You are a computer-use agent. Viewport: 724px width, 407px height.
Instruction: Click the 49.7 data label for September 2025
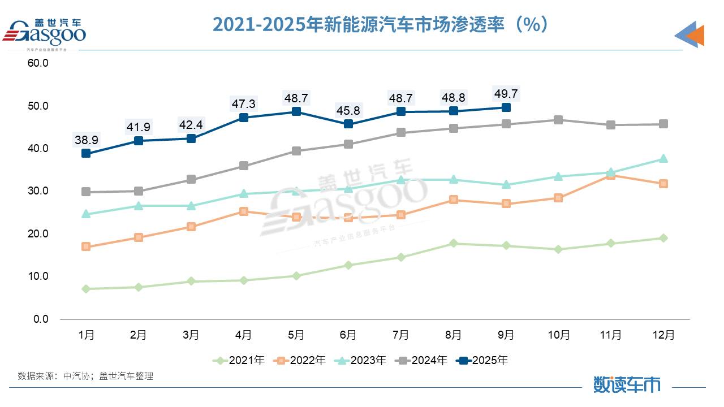click(x=506, y=94)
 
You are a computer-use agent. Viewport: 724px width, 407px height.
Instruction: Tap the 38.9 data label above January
click(x=86, y=138)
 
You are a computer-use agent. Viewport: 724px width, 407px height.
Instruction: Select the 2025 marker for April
click(x=244, y=118)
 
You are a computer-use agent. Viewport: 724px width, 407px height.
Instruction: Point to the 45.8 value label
click(x=348, y=110)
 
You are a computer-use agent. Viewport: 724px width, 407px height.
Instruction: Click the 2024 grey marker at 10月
click(x=558, y=120)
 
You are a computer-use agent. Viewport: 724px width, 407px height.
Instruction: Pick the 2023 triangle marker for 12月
click(x=663, y=159)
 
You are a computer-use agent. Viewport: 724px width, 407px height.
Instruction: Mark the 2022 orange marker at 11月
click(x=611, y=175)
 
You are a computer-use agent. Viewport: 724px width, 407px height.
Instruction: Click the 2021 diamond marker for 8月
click(x=453, y=243)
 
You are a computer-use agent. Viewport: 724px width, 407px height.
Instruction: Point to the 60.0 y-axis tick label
click(x=38, y=63)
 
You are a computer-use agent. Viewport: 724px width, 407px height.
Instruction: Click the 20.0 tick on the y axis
click(x=38, y=233)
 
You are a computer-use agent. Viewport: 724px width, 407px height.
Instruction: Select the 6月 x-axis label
click(x=348, y=335)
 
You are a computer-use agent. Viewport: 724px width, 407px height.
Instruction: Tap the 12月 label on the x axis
click(x=663, y=335)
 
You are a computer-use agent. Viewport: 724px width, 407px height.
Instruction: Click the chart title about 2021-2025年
click(x=380, y=25)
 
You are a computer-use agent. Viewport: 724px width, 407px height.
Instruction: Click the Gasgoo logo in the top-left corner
click(x=45, y=33)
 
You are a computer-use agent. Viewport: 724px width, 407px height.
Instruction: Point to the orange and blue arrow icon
click(x=689, y=35)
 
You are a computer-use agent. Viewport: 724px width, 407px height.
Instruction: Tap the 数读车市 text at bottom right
click(x=627, y=384)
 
